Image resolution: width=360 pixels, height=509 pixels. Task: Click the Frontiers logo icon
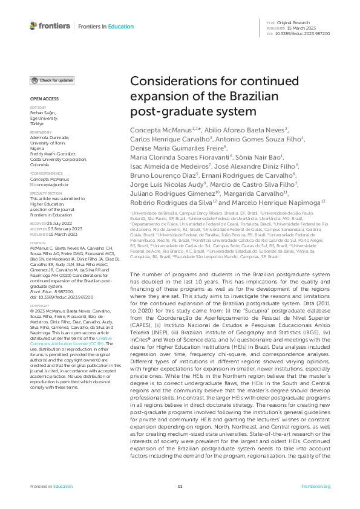[33, 26]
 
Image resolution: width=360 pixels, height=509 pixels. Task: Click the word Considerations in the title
[176, 84]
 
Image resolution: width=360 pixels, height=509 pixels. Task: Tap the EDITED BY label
[38, 107]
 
